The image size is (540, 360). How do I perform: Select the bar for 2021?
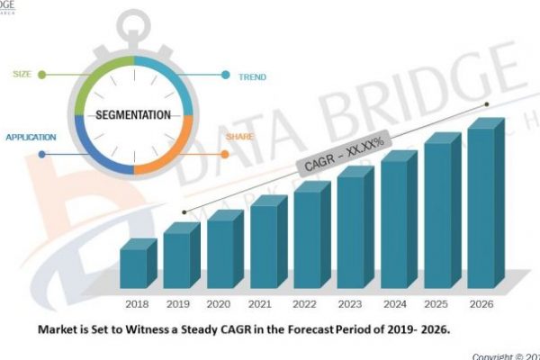264,247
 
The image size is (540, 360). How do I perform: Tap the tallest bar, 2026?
481,207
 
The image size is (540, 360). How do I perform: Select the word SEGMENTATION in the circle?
133,115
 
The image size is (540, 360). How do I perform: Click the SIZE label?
22,75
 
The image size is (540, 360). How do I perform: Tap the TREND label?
251,76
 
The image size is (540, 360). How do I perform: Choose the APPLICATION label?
31,137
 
